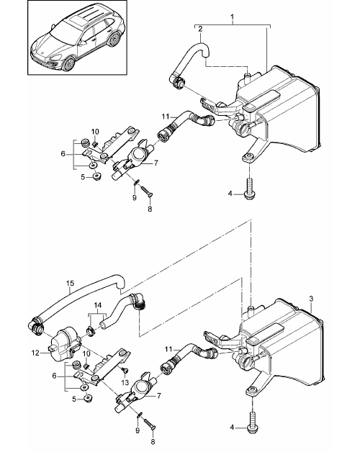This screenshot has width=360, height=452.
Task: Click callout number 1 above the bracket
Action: pos(233,18)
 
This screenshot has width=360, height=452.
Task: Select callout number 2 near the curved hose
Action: pos(200,29)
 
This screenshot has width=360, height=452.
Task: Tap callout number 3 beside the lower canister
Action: pos(311,299)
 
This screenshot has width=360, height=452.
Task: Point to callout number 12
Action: pos(35,353)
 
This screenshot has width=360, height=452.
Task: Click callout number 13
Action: pos(125,382)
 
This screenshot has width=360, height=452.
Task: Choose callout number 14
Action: pos(98,304)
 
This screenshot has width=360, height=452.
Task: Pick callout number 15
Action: pos(70,284)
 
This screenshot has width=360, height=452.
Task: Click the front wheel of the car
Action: pos(69,64)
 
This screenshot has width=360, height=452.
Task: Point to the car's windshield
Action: pos(62,32)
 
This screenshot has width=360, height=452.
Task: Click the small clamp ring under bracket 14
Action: pos(91,330)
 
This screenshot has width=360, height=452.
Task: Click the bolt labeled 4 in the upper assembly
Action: pos(250,189)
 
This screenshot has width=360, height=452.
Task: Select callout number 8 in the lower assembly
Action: pos(153,441)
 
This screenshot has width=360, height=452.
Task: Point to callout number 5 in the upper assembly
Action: pos(83,177)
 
